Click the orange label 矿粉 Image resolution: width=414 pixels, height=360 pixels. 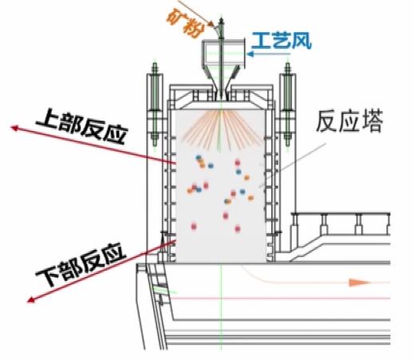pyautogui.click(x=184, y=23)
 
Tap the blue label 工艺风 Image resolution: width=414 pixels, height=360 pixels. pyautogui.click(x=282, y=41)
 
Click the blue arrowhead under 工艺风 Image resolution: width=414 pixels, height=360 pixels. pyautogui.click(x=250, y=54)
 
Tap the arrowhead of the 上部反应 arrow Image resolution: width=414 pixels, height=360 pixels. pyautogui.click(x=14, y=128)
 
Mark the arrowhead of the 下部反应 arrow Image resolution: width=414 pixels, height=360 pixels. pyautogui.click(x=31, y=300)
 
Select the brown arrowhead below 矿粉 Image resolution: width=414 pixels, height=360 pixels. pyautogui.click(x=211, y=25)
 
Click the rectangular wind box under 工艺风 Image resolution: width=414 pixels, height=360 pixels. pyautogui.click(x=223, y=52)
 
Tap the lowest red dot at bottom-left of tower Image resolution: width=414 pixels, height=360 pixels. pyautogui.click(x=194, y=227)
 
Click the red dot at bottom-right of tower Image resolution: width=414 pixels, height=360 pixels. pyautogui.click(x=238, y=228)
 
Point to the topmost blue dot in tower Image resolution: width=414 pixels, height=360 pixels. pyautogui.click(x=199, y=158)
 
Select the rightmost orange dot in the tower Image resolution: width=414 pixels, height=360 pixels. pyautogui.click(x=250, y=198)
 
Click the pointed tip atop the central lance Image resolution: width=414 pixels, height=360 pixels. pyautogui.click(x=221, y=18)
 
